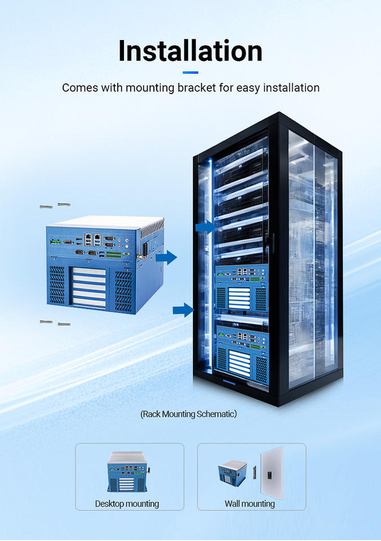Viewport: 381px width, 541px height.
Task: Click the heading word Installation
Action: [x=190, y=51]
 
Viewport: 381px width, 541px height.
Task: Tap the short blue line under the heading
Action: [x=191, y=73]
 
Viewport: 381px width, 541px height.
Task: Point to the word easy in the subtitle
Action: [x=248, y=88]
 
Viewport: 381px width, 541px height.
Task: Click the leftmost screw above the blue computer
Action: [x=46, y=207]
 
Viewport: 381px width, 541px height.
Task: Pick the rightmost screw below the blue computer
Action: [x=64, y=324]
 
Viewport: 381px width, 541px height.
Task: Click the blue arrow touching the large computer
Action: [x=166, y=258]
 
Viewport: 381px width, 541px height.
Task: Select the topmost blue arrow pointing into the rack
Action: [x=206, y=227]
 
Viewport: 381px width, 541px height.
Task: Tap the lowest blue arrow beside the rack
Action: [x=183, y=310]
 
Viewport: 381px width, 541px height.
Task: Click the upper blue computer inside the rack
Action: [x=242, y=288]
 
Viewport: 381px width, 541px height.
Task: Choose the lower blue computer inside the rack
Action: [x=242, y=352]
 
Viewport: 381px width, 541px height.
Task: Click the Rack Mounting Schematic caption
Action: [x=189, y=414]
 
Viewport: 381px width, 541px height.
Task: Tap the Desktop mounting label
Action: [x=127, y=504]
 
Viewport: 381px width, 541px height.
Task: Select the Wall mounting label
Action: [x=250, y=504]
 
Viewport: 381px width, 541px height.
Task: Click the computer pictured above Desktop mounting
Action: [x=129, y=472]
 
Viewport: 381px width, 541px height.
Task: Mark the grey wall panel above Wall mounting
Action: [x=272, y=473]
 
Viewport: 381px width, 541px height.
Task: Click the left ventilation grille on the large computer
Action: [x=57, y=285]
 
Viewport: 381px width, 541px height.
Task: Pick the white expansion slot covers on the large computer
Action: [x=88, y=287]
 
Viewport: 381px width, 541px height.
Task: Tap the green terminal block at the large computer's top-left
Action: [x=56, y=242]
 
